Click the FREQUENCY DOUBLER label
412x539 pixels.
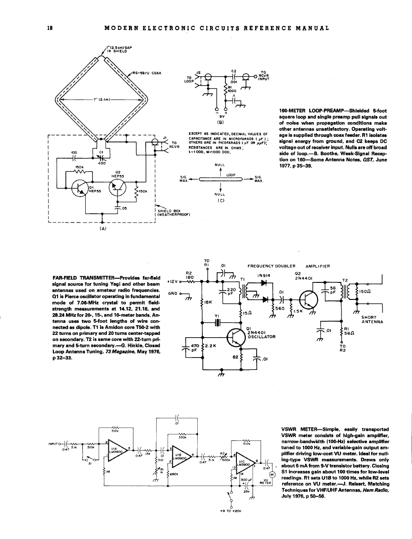(271, 266)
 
